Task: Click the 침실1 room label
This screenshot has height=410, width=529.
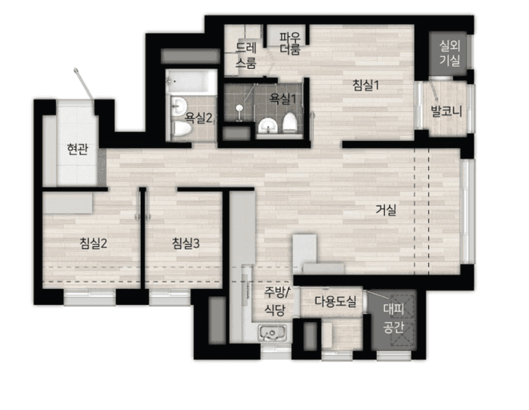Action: pyautogui.click(x=366, y=85)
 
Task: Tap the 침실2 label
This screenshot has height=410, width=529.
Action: pyautogui.click(x=94, y=243)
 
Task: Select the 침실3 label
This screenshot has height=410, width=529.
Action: pyautogui.click(x=186, y=243)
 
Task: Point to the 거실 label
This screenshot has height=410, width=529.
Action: pyautogui.click(x=386, y=211)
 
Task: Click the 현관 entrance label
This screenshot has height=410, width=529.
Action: pyautogui.click(x=78, y=149)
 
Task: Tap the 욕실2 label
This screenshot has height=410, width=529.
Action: pyautogui.click(x=198, y=118)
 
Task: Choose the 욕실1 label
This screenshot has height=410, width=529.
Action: pyautogui.click(x=283, y=98)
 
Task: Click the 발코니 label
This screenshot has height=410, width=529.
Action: pyautogui.click(x=446, y=111)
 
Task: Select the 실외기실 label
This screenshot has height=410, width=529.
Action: pyautogui.click(x=450, y=53)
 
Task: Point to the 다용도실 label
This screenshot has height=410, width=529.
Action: pyautogui.click(x=335, y=301)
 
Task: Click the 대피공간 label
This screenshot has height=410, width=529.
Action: pyautogui.click(x=394, y=318)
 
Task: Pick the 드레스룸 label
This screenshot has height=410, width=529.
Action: pyautogui.click(x=246, y=55)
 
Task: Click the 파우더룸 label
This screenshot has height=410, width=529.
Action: pyautogui.click(x=290, y=43)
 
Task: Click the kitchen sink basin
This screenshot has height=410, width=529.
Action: pyautogui.click(x=273, y=332)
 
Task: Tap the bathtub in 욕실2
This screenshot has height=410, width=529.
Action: pyautogui.click(x=191, y=82)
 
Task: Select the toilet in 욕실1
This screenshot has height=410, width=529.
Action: pyautogui.click(x=289, y=123)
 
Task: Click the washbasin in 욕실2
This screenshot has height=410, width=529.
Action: pyautogui.click(x=178, y=106)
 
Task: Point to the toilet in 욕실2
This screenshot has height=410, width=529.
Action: pyautogui.click(x=182, y=129)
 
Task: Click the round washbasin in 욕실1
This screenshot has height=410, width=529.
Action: pyautogui.click(x=268, y=126)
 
